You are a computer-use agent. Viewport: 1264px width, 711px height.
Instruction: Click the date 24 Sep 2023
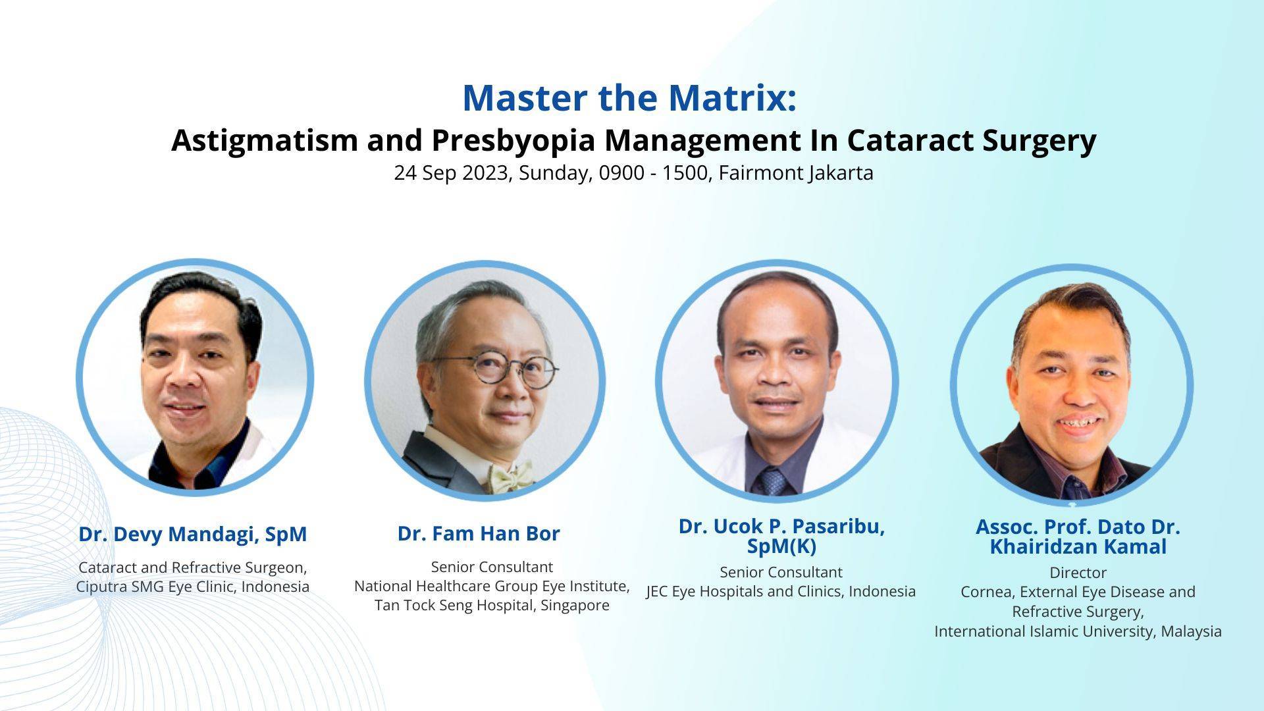[x=452, y=173]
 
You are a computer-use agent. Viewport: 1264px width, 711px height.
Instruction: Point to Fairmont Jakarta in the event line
[x=795, y=173]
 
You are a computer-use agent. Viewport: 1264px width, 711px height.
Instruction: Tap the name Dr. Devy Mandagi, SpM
[x=192, y=534]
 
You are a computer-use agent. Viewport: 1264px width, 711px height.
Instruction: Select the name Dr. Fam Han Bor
[x=479, y=533]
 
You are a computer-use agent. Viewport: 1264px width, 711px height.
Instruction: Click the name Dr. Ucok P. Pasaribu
[x=781, y=527]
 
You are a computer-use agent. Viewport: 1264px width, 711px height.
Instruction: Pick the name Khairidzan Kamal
[x=1078, y=547]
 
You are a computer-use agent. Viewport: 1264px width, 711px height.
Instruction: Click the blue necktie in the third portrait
[x=773, y=481]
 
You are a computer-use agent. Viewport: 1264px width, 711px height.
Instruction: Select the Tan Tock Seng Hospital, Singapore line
[x=492, y=605]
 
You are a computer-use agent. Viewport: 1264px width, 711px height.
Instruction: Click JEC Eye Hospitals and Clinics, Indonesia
[x=781, y=591]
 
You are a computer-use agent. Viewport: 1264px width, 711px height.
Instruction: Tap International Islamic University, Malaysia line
[x=1078, y=631]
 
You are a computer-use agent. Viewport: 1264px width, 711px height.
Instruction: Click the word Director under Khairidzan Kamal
[x=1078, y=573]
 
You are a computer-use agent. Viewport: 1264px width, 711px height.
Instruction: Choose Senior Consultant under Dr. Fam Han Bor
[x=492, y=567]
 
